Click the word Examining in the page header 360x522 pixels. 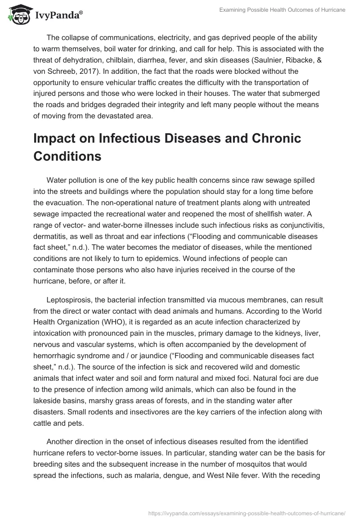(x=234, y=10)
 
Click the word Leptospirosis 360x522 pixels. (x=70, y=300)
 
